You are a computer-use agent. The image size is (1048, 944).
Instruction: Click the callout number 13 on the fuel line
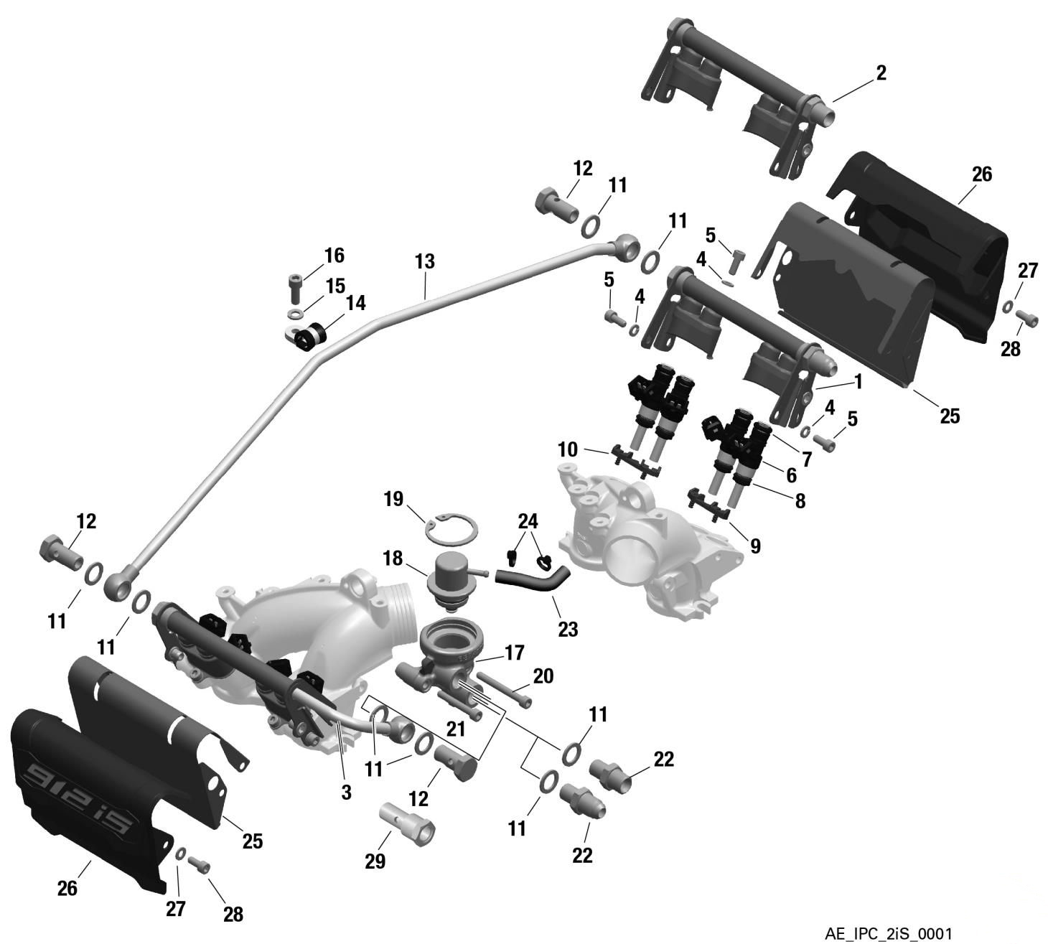coord(424,261)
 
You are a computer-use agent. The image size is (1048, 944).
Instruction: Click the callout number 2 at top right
coord(881,73)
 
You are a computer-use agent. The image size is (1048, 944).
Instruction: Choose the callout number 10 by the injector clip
coord(567,450)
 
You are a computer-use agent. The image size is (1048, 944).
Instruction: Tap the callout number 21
coord(456,729)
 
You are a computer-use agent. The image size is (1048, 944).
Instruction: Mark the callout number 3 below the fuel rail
coord(346,793)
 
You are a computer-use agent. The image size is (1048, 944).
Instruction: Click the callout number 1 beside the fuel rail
coord(857,382)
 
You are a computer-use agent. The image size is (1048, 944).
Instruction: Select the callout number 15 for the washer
coord(334,286)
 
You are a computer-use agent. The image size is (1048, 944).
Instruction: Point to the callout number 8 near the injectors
coord(799,500)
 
